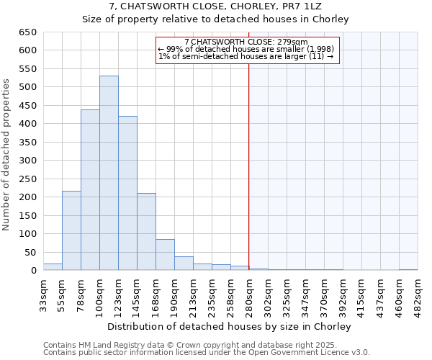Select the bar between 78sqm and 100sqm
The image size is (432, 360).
pyautogui.click(x=90, y=190)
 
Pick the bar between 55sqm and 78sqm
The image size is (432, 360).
pyautogui.click(x=71, y=230)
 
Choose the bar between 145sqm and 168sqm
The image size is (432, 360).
pyautogui.click(x=146, y=232)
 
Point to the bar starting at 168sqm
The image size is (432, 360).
pyautogui.click(x=165, y=255)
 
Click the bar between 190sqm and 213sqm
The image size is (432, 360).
pyautogui.click(x=184, y=264)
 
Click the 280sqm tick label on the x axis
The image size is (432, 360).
pyautogui.click(x=250, y=293)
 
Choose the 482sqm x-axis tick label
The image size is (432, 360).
pyautogui.click(x=418, y=293)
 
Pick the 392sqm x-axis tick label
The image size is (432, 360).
pyautogui.click(x=343, y=293)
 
